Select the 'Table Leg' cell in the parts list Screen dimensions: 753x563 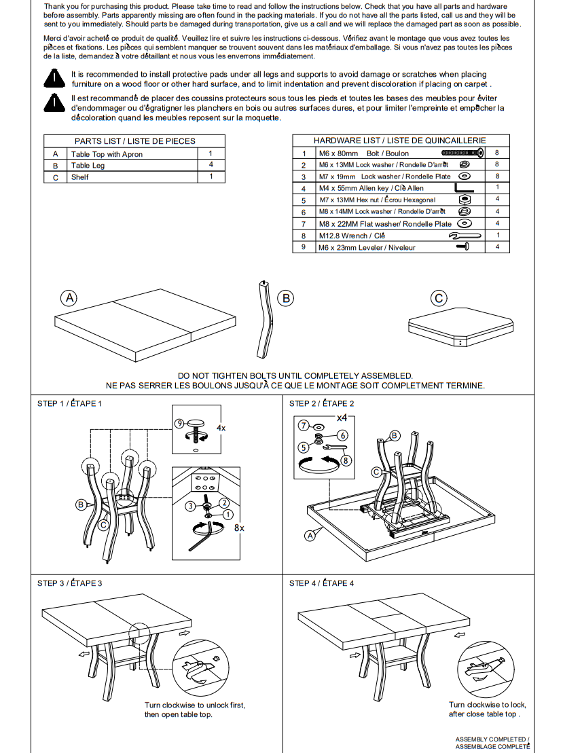(x=88, y=166)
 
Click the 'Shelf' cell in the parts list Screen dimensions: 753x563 (x=80, y=177)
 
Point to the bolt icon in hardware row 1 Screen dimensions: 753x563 (x=462, y=153)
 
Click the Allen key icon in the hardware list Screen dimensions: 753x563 (x=465, y=188)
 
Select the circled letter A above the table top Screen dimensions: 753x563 (x=69, y=297)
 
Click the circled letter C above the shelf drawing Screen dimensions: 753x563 (x=439, y=298)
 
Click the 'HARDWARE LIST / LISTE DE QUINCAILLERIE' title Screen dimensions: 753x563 (x=400, y=141)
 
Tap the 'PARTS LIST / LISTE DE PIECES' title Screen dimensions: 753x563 (x=134, y=141)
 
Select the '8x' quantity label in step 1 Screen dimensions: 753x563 (x=239, y=527)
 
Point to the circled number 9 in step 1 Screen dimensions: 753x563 (x=179, y=423)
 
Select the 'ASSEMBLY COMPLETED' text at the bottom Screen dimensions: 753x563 (x=492, y=739)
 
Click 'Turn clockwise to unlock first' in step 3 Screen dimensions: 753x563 (x=195, y=705)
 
